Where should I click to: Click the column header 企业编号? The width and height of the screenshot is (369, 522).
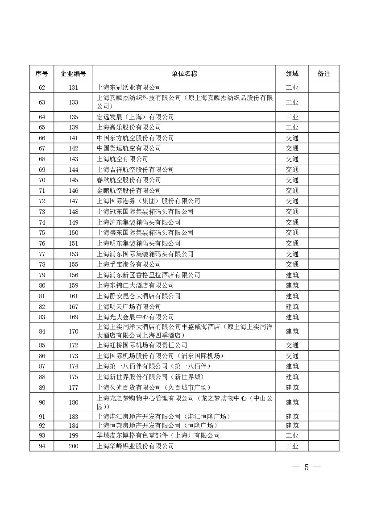pyautogui.click(x=73, y=74)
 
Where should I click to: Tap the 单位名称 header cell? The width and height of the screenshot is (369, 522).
pyautogui.click(x=184, y=74)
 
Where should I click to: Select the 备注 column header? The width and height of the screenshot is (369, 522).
pyautogui.click(x=323, y=74)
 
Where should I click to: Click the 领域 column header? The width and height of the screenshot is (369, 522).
pyautogui.click(x=292, y=74)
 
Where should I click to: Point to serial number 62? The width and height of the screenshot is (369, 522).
pyautogui.click(x=42, y=88)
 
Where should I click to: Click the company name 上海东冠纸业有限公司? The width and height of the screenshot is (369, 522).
pyautogui.click(x=129, y=88)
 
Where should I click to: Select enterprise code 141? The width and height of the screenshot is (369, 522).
pyautogui.click(x=73, y=138)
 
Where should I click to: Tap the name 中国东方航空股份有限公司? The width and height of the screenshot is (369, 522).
pyautogui.click(x=135, y=138)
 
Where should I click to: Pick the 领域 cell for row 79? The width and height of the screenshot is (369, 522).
pyautogui.click(x=292, y=275)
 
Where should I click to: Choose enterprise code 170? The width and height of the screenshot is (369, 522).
pyautogui.click(x=73, y=331)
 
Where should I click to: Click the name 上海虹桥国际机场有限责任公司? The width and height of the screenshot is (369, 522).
pyautogui.click(x=142, y=345)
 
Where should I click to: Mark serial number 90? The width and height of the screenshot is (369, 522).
pyautogui.click(x=42, y=402)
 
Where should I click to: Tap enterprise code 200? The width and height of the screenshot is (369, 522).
pyautogui.click(x=73, y=446)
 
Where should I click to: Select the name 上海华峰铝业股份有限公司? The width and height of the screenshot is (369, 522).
pyautogui.click(x=135, y=446)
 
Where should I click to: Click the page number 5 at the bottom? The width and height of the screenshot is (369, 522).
pyautogui.click(x=306, y=468)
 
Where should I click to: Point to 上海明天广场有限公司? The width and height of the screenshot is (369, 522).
pyautogui.click(x=129, y=307)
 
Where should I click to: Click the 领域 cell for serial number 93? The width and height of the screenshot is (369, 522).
pyautogui.click(x=292, y=435)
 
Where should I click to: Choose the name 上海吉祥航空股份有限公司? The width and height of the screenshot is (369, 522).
pyautogui.click(x=135, y=170)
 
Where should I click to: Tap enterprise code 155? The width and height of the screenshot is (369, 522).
pyautogui.click(x=73, y=264)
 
